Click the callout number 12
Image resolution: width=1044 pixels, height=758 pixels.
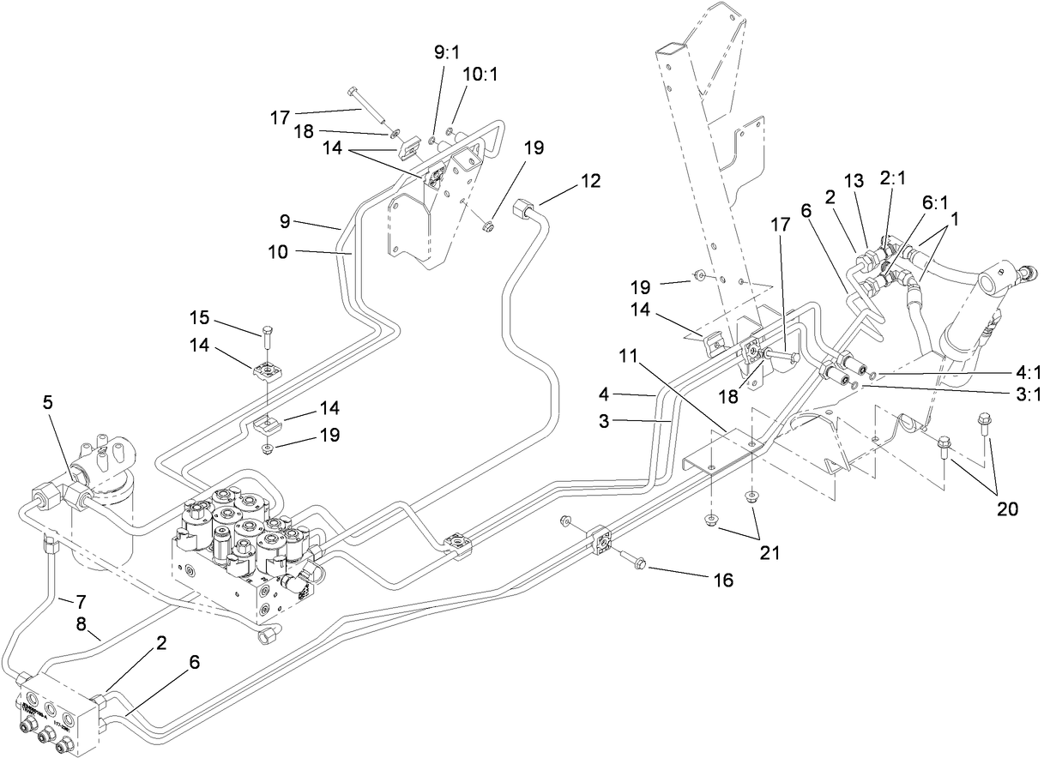[589, 181]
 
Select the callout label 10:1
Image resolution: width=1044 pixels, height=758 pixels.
[478, 75]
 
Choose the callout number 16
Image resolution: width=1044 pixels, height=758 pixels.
[723, 581]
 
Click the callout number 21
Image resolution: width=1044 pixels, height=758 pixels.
[769, 554]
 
